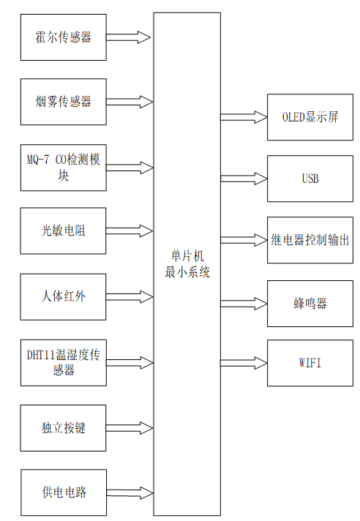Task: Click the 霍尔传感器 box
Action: tap(64, 37)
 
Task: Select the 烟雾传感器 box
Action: tap(64, 101)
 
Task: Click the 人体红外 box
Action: tap(64, 296)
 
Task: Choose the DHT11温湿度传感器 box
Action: tap(64, 362)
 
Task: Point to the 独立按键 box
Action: tap(64, 427)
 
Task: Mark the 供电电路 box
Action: tap(64, 492)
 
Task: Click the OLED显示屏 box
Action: tap(310, 117)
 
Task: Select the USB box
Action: tap(310, 179)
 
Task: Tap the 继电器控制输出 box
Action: tap(310, 240)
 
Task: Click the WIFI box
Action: tap(310, 363)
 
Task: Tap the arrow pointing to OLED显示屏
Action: tap(244, 117)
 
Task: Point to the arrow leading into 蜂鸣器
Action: tap(244, 301)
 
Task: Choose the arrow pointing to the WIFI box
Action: tap(244, 363)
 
